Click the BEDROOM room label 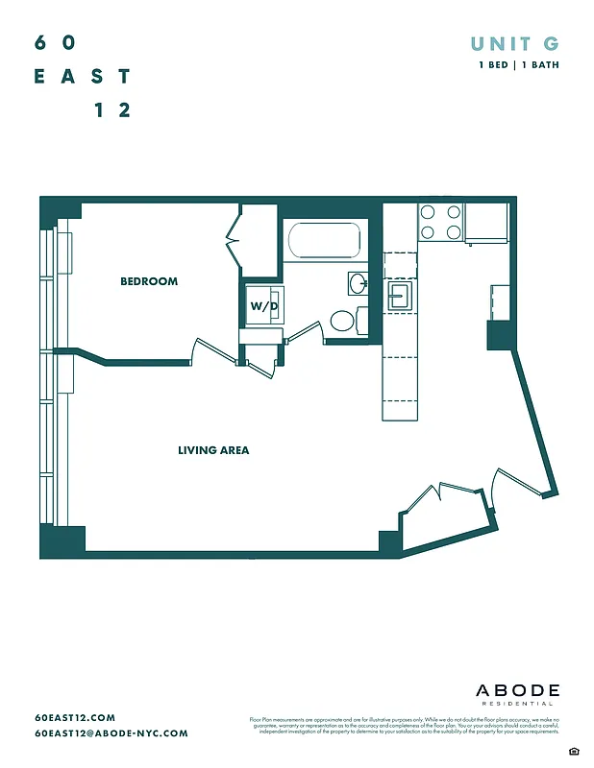149,281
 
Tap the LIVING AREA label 213,449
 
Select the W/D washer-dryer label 263,306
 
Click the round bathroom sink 357,283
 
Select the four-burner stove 440,223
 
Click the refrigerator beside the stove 485,223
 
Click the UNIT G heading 514,43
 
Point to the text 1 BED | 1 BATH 519,65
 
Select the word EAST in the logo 82,77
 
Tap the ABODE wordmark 517,691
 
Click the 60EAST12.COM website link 75,718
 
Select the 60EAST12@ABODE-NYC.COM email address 111,733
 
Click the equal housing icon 574,750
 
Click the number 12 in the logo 111,110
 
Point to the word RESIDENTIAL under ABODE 517,705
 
